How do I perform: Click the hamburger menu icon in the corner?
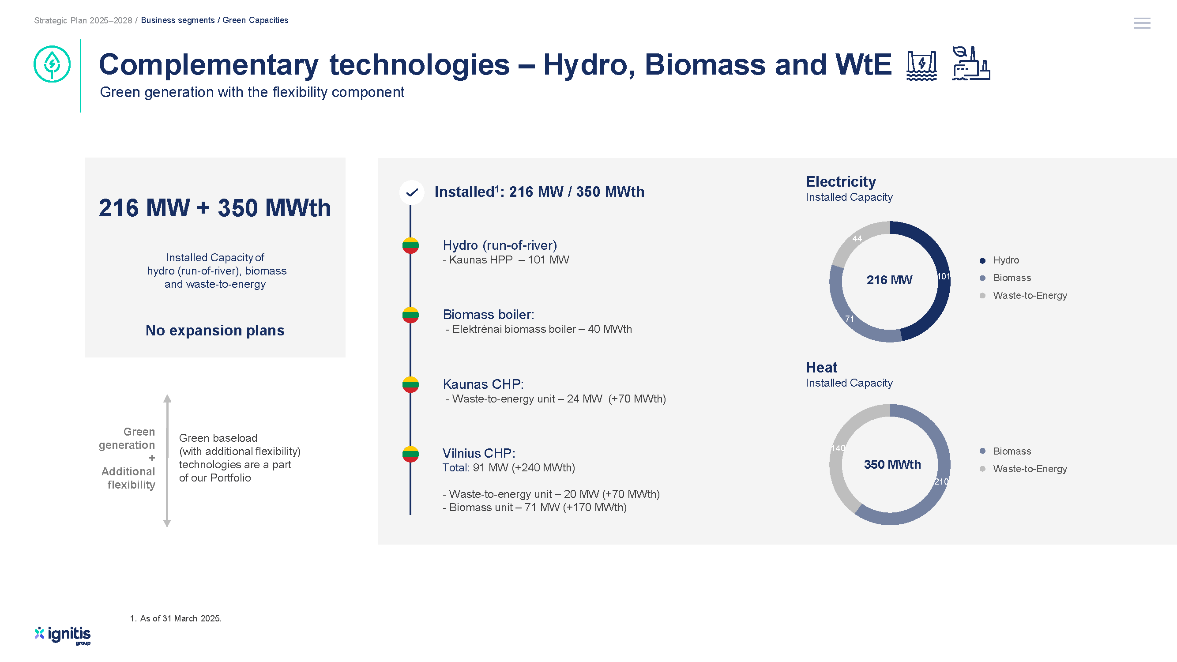click(x=1141, y=23)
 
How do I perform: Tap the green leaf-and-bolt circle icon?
click(x=52, y=64)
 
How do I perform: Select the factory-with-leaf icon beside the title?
click(x=971, y=63)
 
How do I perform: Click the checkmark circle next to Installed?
click(x=412, y=192)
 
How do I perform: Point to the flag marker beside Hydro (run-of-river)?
click(x=410, y=245)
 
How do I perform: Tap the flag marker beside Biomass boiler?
click(x=410, y=315)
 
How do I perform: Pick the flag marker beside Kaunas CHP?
click(x=410, y=384)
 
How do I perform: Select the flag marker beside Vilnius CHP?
click(x=410, y=454)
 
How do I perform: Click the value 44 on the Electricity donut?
click(x=857, y=238)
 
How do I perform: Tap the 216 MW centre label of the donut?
click(x=889, y=280)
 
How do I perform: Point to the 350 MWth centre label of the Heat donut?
click(x=892, y=465)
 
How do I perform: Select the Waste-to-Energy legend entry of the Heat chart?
click(x=1023, y=469)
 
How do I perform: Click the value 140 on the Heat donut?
click(x=838, y=448)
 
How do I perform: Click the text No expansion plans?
click(x=215, y=330)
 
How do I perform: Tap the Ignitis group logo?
click(x=63, y=635)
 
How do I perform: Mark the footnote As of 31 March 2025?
click(x=176, y=619)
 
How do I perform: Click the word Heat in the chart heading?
click(x=821, y=368)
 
